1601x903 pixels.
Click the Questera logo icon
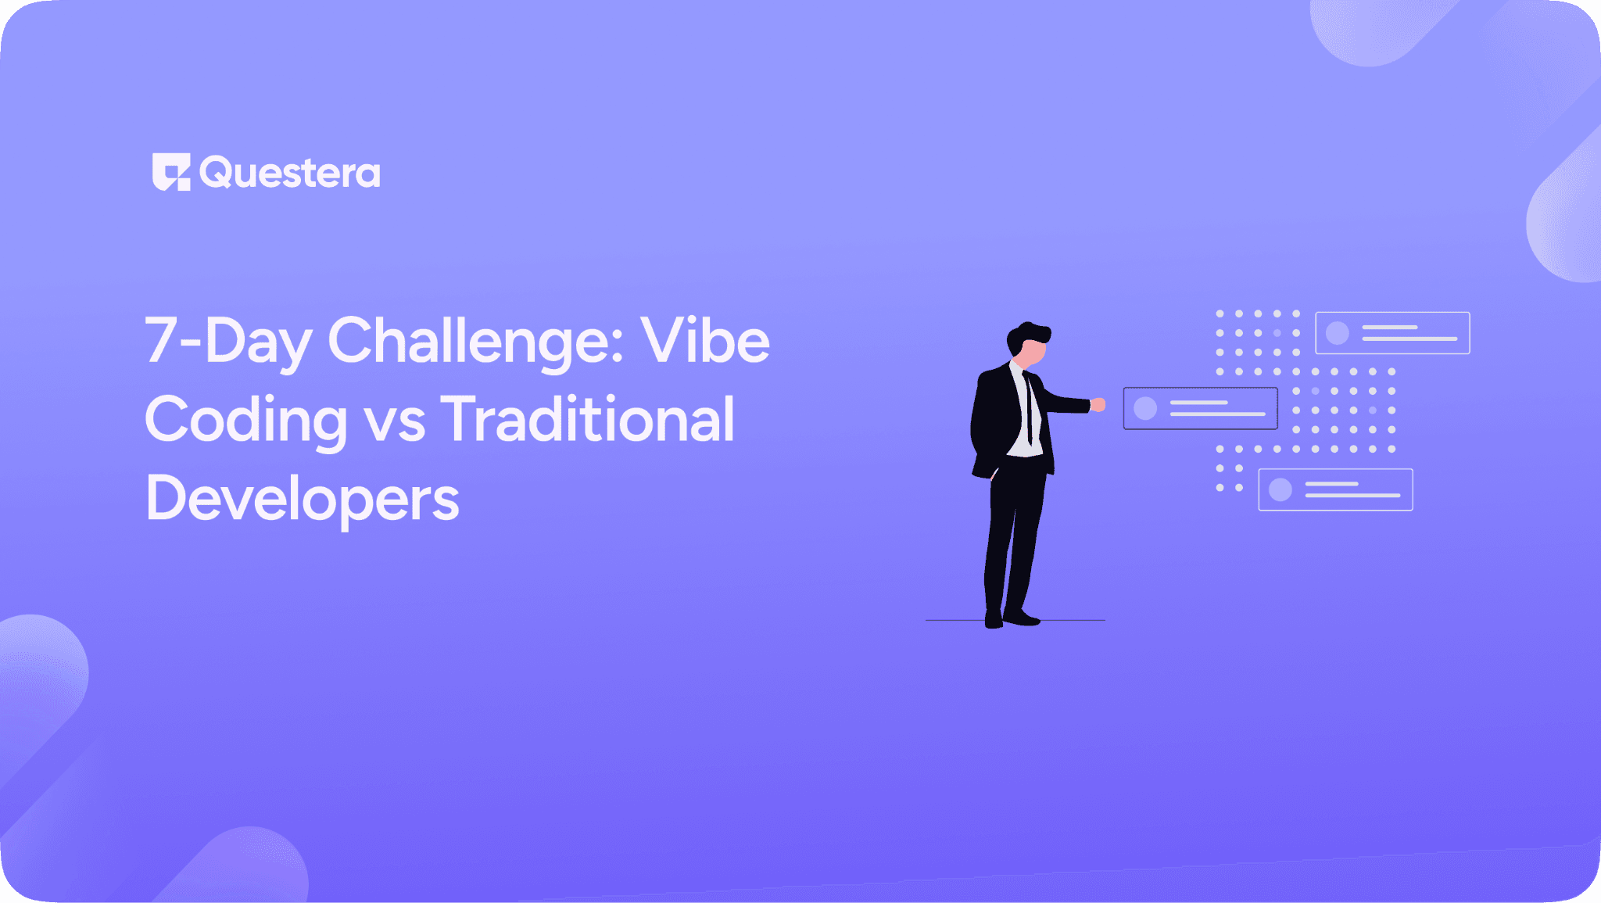171,171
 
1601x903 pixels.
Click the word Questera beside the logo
290,173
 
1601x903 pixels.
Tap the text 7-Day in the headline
227,341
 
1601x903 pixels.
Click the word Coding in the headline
245,421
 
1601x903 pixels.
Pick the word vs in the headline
396,422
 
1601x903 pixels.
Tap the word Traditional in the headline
588,419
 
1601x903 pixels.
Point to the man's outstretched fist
1098,404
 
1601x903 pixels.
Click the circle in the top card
1338,333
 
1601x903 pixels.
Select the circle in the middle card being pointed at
1145,408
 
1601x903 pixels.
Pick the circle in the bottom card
1280,490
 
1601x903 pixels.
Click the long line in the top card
1409,339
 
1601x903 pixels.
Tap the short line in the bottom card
1331,484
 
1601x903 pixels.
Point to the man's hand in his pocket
994,474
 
